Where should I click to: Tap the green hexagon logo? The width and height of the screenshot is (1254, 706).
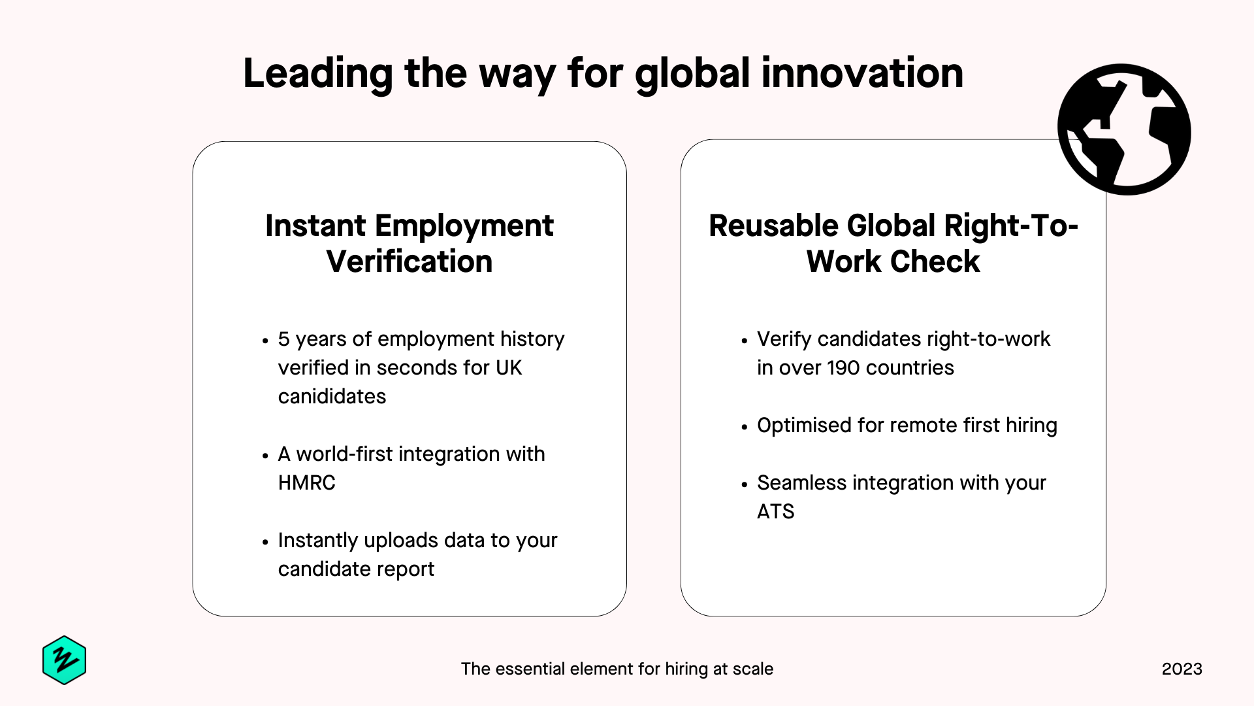[x=64, y=660]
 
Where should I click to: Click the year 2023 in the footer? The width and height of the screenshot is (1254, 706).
[x=1182, y=669]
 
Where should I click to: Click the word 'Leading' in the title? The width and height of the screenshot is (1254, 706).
[x=318, y=75]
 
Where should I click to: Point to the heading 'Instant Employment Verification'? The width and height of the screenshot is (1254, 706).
[x=410, y=243]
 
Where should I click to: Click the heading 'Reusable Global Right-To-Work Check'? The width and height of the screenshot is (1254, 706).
[x=893, y=243]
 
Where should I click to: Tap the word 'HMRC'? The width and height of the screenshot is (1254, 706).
[x=306, y=482]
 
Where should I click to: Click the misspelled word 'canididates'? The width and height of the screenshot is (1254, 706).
[x=332, y=396]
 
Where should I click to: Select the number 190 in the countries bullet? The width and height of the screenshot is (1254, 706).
[x=844, y=367]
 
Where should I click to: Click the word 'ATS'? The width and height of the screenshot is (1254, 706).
[x=775, y=511]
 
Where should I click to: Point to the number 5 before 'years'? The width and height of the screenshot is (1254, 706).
[x=283, y=339]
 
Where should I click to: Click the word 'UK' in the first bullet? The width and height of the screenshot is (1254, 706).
[x=509, y=367]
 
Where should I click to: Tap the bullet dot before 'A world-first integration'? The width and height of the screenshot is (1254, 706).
[x=265, y=456]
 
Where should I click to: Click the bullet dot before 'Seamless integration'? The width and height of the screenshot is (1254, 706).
[x=744, y=484]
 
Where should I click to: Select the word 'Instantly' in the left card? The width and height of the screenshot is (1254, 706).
[x=318, y=541]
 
